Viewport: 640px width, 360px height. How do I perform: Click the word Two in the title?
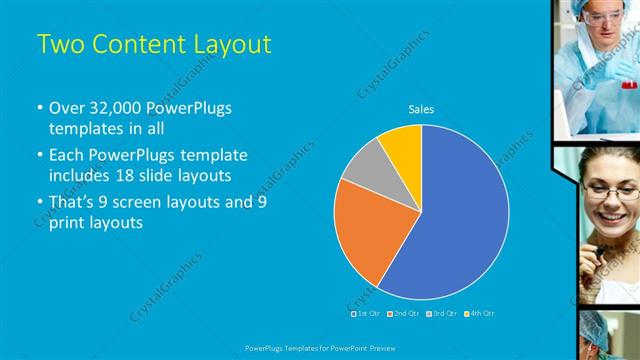[58, 44]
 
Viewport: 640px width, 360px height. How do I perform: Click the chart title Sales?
[421, 109]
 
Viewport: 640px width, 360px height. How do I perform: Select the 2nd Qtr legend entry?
[404, 313]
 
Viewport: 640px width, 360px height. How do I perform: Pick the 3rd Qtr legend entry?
[442, 313]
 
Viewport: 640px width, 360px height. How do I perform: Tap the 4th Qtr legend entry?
[481, 313]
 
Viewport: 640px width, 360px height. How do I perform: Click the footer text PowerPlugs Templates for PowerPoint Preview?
[319, 347]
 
